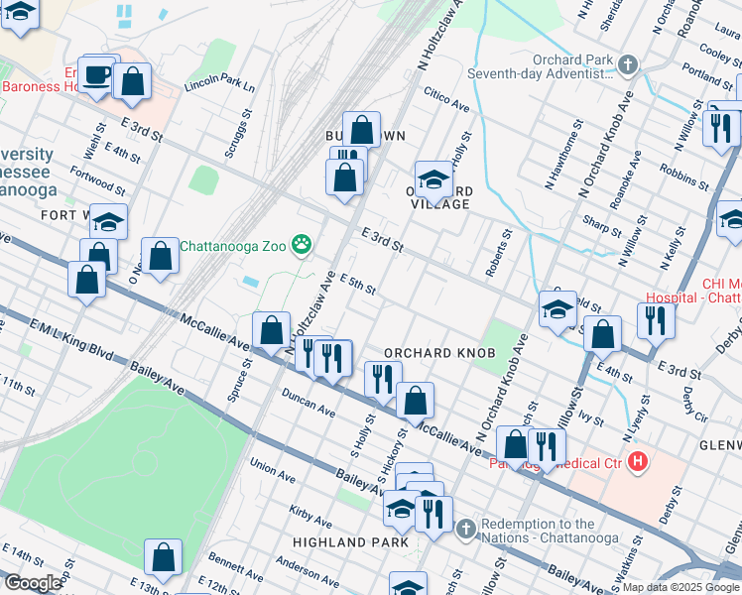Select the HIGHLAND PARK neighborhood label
(x=350, y=542)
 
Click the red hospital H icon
(x=638, y=462)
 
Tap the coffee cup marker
(x=97, y=75)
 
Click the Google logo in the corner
(x=33, y=583)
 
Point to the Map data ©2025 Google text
(x=680, y=587)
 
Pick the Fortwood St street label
(x=97, y=179)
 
